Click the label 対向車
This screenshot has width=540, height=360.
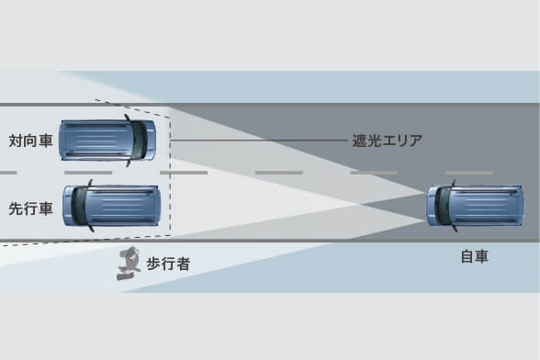coord(29,141)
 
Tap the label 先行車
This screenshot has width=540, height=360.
coord(29,208)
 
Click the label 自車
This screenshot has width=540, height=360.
coord(475,256)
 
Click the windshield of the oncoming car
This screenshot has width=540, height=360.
coord(137,140)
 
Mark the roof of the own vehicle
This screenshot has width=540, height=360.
coord(487,206)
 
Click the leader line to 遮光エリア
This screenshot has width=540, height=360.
coord(257,141)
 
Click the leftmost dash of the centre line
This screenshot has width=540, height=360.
coord(7,173)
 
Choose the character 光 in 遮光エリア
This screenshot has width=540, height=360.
coord(375,141)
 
